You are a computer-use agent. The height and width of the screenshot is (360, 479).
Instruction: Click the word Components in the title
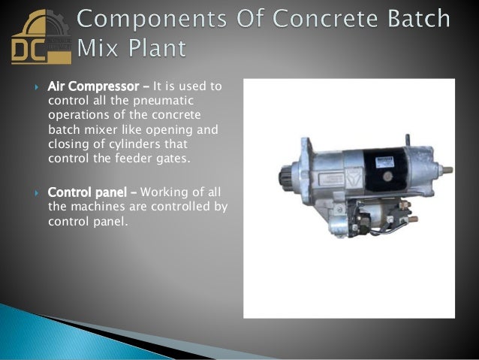(151, 17)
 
